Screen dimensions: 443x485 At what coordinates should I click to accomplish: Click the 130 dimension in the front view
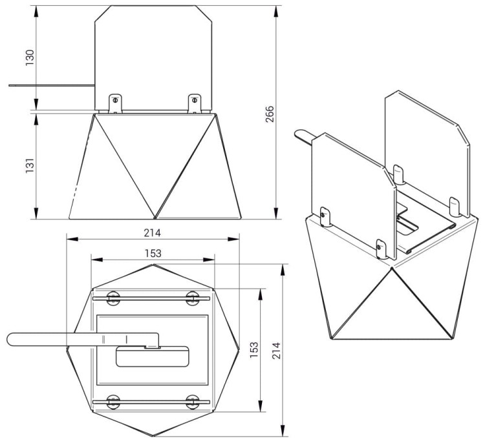pyautogui.click(x=29, y=57)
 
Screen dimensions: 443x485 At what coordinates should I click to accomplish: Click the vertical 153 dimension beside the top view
pyautogui.click(x=254, y=351)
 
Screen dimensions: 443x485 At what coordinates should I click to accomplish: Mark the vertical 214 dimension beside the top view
pyautogui.click(x=277, y=351)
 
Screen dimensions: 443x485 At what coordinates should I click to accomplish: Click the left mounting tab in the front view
pyautogui.click(x=114, y=102)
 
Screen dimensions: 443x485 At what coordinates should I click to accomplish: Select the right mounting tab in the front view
pyautogui.click(x=193, y=102)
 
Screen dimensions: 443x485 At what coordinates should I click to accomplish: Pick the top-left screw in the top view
pyautogui.click(x=114, y=298)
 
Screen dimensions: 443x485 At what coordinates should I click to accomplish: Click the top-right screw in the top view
pyautogui.click(x=192, y=298)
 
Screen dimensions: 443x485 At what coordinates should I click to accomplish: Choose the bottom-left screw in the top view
pyautogui.click(x=114, y=402)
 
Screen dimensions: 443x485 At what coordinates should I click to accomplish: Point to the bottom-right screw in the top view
pyautogui.click(x=192, y=402)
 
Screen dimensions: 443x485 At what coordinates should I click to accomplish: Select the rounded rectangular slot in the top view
pyautogui.click(x=153, y=356)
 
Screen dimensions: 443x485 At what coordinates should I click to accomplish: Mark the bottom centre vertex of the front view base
pyautogui.click(x=155, y=217)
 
